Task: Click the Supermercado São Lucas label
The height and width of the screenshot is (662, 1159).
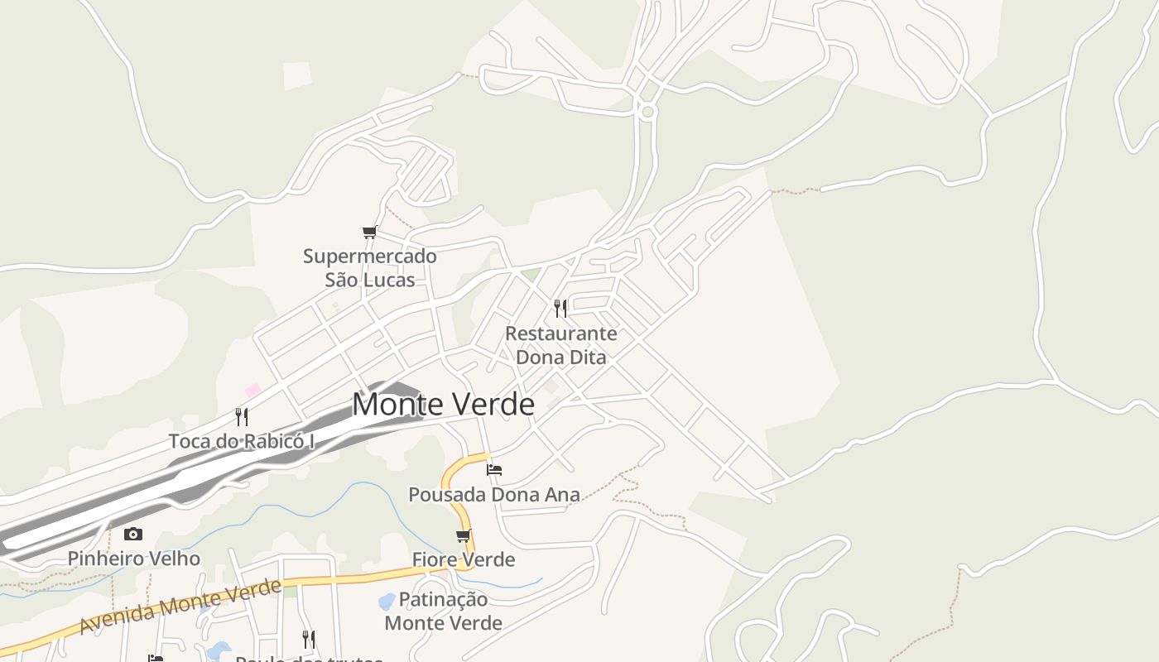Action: [x=369, y=267]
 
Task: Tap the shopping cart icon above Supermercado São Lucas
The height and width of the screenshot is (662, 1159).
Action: [x=369, y=233]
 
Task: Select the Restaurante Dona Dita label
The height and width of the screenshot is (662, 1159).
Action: [x=561, y=345]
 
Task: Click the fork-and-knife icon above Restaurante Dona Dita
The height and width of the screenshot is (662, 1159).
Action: [x=560, y=309]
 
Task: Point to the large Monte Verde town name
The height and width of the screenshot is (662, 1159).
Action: [x=443, y=405]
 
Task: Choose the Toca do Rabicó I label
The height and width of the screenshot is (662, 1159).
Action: [x=242, y=441]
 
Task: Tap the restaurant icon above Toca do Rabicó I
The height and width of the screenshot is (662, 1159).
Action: [x=242, y=416]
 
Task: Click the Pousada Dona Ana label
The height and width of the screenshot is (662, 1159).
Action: [x=494, y=495]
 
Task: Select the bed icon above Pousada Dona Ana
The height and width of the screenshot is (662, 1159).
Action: [x=494, y=470]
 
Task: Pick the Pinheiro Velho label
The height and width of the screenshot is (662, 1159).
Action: [x=133, y=559]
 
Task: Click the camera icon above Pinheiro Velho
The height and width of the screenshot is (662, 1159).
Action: [x=133, y=535]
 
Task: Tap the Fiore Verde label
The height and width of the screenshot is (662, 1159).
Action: [x=464, y=560]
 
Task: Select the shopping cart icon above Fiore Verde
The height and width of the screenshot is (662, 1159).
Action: [x=464, y=536]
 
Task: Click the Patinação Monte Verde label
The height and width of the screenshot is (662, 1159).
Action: [x=444, y=611]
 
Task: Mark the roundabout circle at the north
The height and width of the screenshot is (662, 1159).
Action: [x=647, y=111]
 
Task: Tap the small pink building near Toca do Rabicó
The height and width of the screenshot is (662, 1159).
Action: [x=252, y=390]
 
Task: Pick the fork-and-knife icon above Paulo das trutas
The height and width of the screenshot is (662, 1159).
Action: [x=308, y=640]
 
